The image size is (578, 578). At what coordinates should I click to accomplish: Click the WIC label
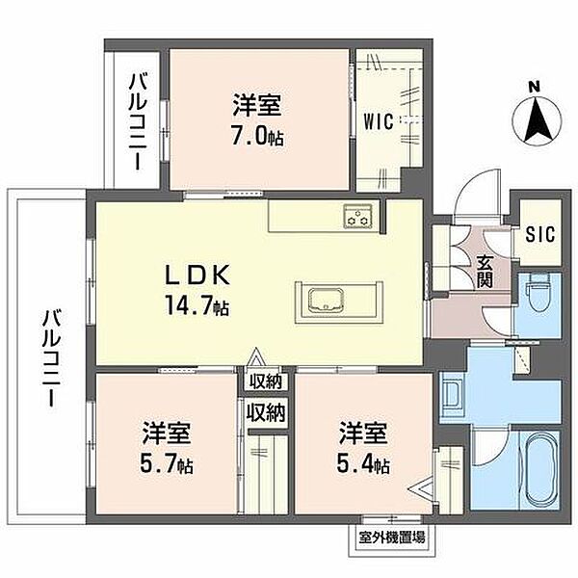tap(379, 121)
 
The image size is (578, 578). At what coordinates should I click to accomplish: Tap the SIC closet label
tap(540, 234)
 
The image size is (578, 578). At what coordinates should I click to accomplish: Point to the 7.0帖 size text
tap(257, 138)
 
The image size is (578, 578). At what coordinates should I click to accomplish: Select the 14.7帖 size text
tap(197, 305)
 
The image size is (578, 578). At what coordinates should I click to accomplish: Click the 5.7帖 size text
tap(167, 465)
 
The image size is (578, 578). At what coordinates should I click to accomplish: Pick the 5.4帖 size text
tap(363, 464)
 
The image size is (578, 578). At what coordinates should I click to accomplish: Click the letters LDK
tap(197, 275)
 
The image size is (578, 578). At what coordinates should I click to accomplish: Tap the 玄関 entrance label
tap(485, 272)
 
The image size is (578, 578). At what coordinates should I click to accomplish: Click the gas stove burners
tap(358, 216)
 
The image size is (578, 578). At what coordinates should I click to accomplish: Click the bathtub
tap(541, 471)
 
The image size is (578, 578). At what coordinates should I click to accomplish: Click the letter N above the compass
tap(534, 88)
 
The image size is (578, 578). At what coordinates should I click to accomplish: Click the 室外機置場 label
tap(391, 538)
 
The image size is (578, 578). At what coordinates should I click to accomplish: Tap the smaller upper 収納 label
tap(266, 381)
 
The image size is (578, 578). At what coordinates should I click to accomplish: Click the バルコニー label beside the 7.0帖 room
tap(139, 121)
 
